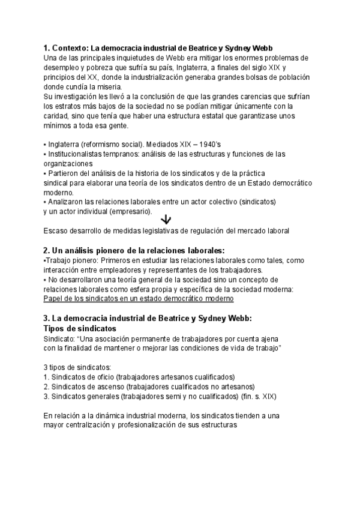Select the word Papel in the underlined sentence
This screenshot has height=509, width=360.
55,298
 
